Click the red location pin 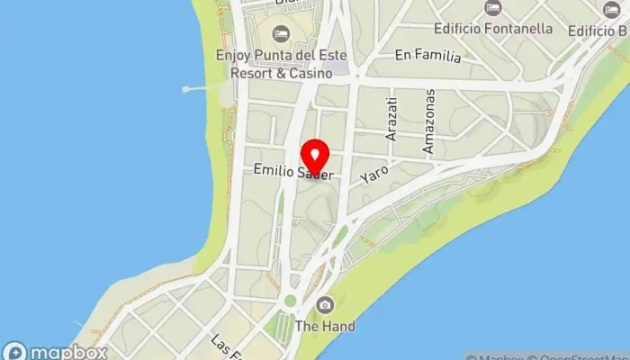[x=315, y=155]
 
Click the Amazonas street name [x=430, y=121]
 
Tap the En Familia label [x=427, y=56]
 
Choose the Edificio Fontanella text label [x=492, y=29]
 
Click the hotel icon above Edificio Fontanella [x=492, y=8]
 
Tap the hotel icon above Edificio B [x=611, y=10]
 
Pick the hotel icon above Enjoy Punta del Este [x=281, y=34]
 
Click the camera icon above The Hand [x=325, y=305]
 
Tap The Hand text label [x=325, y=326]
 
